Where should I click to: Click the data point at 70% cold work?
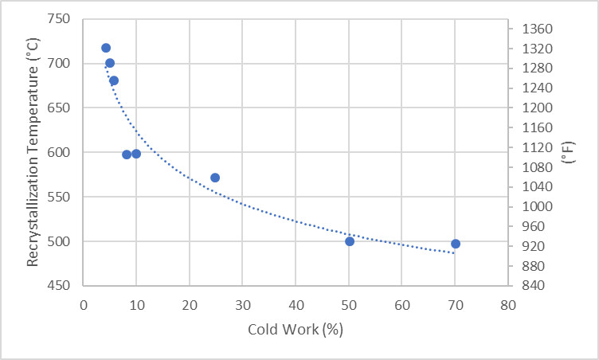point(455,244)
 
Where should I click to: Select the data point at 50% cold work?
point(350,241)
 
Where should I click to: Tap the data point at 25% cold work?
point(215,178)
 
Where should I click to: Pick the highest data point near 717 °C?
point(106,48)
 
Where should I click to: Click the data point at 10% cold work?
point(136,154)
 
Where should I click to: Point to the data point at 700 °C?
point(110,63)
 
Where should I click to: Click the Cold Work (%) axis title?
point(296,329)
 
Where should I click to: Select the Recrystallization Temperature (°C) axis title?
point(33,151)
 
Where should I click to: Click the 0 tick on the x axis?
point(84,303)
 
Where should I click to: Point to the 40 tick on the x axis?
point(296,303)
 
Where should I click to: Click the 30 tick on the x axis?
point(243,303)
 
